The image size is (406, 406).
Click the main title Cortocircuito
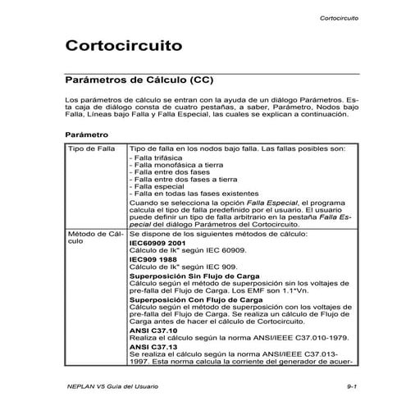[123, 48]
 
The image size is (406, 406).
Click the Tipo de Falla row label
[90, 149]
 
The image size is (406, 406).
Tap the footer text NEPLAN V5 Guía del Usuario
[107, 385]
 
